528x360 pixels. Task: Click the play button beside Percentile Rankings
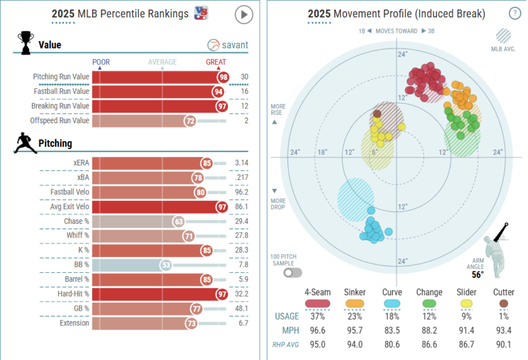[244, 15]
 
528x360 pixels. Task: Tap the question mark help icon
[515, 13]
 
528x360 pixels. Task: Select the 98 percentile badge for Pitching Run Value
[223, 77]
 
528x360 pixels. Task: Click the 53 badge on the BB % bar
[166, 265]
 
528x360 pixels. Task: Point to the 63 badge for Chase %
[179, 221]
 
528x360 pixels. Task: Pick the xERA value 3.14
[242, 163]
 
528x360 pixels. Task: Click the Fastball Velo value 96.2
[242, 192]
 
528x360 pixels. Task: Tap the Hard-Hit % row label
[73, 294]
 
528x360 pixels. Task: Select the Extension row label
[75, 323]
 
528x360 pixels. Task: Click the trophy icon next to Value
[26, 43]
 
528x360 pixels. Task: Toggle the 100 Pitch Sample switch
[293, 273]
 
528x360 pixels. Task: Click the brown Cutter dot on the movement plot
[377, 114]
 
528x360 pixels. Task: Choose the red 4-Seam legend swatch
[318, 304]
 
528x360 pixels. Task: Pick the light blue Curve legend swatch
[392, 304]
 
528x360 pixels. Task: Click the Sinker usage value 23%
[355, 317]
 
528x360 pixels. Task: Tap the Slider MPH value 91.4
[466, 330]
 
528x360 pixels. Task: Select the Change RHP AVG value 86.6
[429, 344]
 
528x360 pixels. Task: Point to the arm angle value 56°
[478, 275]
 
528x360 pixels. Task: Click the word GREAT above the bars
[216, 62]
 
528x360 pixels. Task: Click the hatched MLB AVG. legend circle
[504, 36]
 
